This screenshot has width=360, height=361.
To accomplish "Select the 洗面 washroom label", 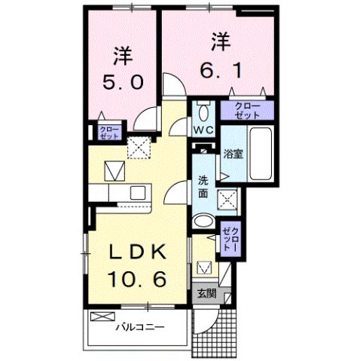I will pyautogui.click(x=203, y=187).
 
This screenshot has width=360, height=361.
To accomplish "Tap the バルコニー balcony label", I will pyautogui.click(x=141, y=327).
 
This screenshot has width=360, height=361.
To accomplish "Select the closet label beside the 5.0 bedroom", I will pyautogui.click(x=108, y=133).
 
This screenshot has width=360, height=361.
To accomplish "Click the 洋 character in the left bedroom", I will pyautogui.click(x=123, y=54).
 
